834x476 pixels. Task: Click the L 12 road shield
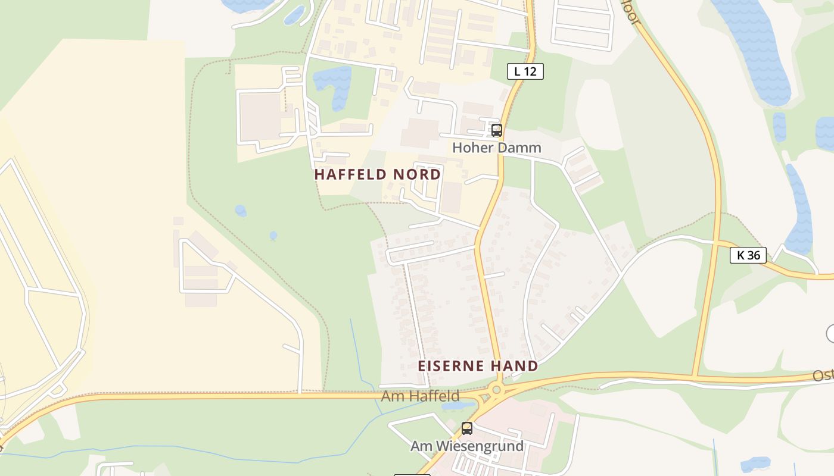(x=525, y=71)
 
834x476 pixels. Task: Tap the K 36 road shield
(x=748, y=255)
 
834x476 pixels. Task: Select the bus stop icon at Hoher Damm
(x=496, y=130)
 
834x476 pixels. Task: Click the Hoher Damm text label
(x=496, y=148)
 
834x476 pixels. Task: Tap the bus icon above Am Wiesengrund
(x=467, y=428)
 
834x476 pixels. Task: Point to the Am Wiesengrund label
(x=467, y=446)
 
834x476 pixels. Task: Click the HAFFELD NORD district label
(x=377, y=174)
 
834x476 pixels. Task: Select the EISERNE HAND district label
(x=478, y=366)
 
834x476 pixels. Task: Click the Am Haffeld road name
(x=420, y=396)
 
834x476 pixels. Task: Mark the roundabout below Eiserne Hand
(x=496, y=390)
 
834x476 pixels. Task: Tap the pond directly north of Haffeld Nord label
(x=332, y=85)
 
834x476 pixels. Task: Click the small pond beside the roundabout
(x=459, y=406)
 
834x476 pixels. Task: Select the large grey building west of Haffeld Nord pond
(x=261, y=117)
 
